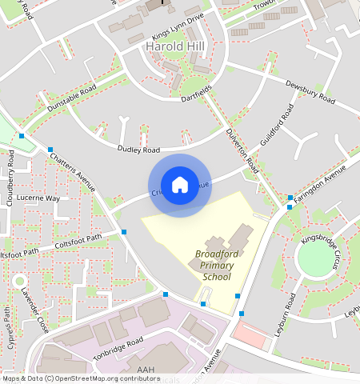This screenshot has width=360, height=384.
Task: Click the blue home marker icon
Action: click(x=180, y=185)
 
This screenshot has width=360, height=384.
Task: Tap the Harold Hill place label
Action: click(x=177, y=47)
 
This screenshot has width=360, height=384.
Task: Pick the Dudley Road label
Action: click(x=138, y=150)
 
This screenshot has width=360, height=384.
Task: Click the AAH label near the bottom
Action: click(x=145, y=369)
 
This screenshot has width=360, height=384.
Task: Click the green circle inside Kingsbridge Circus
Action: click(x=317, y=255)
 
